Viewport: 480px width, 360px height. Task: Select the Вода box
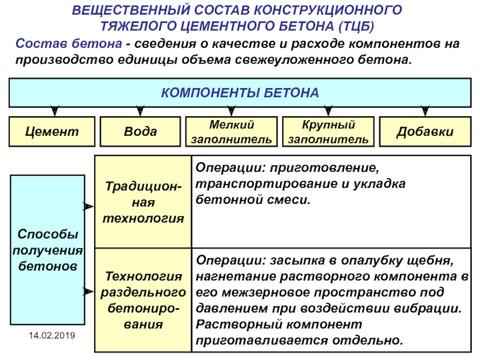140,131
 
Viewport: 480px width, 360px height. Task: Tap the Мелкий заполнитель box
232,131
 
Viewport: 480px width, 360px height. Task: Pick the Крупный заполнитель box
328,131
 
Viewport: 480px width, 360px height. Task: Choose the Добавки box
425,131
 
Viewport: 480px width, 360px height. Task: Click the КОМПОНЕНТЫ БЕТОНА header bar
239,93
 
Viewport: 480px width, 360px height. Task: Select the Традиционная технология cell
143,202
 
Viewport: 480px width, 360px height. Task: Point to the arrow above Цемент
55,111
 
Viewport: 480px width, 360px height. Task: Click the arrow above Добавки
425,111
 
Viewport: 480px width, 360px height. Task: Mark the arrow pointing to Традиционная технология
88,206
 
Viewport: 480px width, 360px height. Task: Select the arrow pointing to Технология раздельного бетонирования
88,292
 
